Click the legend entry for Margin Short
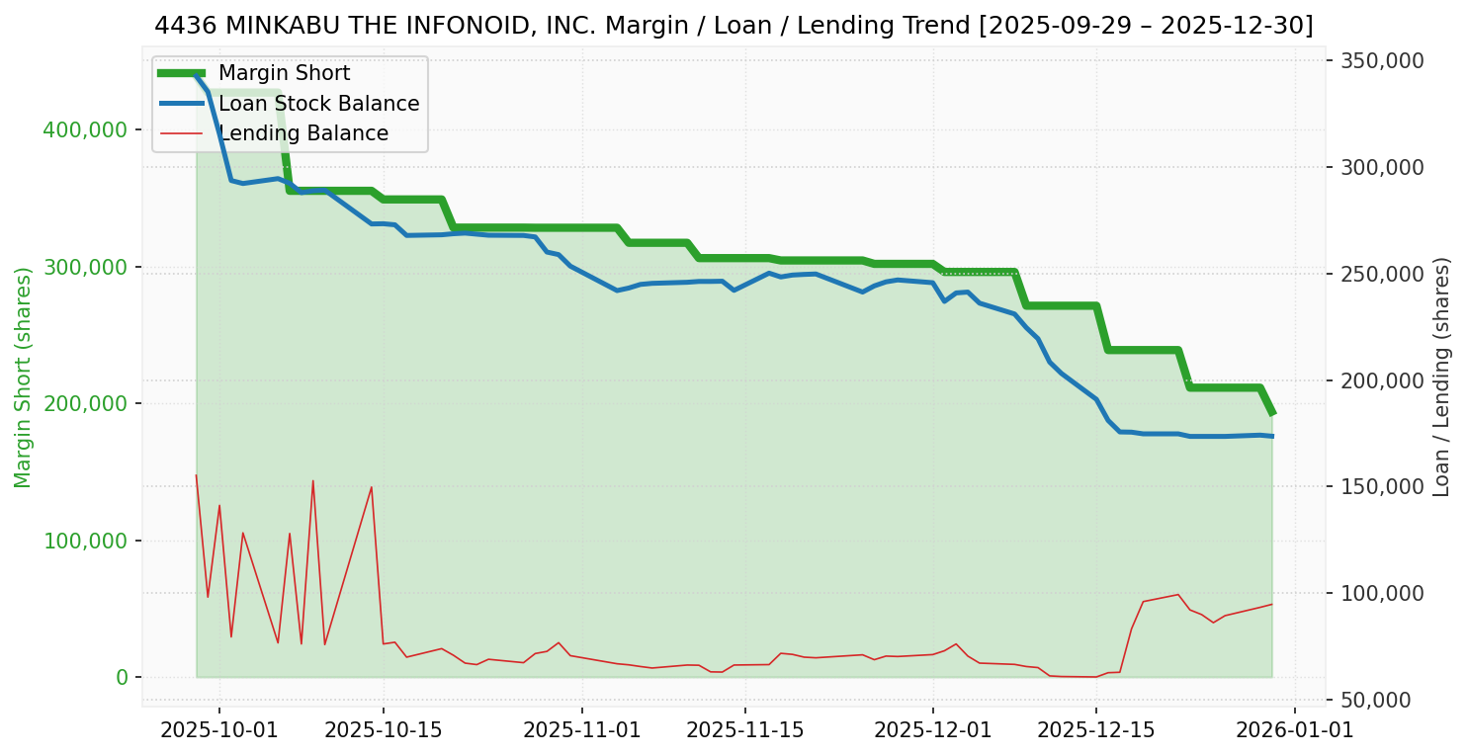coord(284,73)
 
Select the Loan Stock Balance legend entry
coord(318,104)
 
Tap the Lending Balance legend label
coord(302,133)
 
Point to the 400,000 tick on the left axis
coord(86,129)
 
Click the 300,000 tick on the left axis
coord(86,267)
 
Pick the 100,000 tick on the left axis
coord(86,541)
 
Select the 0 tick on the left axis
coord(123,677)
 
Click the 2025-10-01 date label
coord(219,730)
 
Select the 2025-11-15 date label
coord(744,730)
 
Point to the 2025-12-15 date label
coord(1095,730)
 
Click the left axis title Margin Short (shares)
coord(23,378)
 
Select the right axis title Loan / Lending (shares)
coord(1442,377)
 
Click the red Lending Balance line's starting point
coord(196,475)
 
